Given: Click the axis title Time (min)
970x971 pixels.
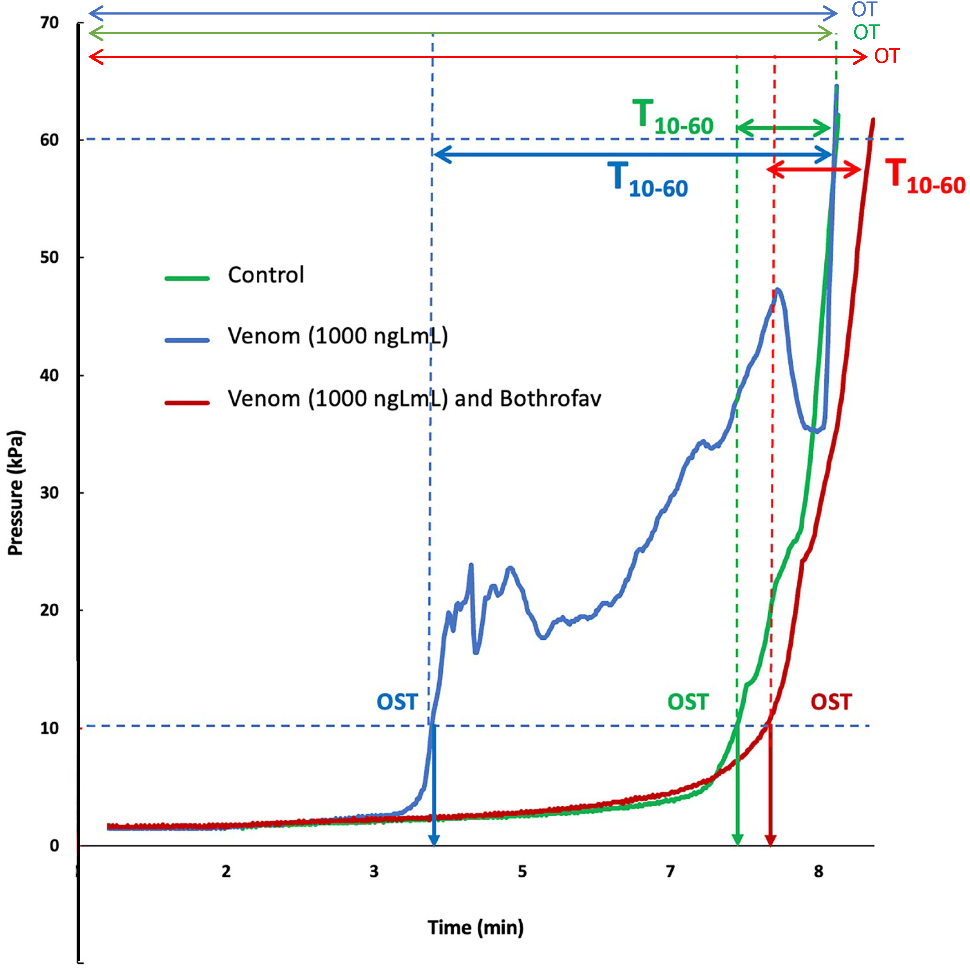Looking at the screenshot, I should (476, 927).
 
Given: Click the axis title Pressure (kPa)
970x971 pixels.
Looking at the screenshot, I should (16, 493).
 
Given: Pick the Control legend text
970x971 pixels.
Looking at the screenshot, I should (266, 275).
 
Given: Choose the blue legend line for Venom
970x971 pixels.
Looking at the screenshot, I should (187, 340).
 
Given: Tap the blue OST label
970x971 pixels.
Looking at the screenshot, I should (397, 702).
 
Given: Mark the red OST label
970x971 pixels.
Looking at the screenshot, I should (831, 702).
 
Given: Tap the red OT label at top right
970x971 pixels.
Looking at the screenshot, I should (887, 56).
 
